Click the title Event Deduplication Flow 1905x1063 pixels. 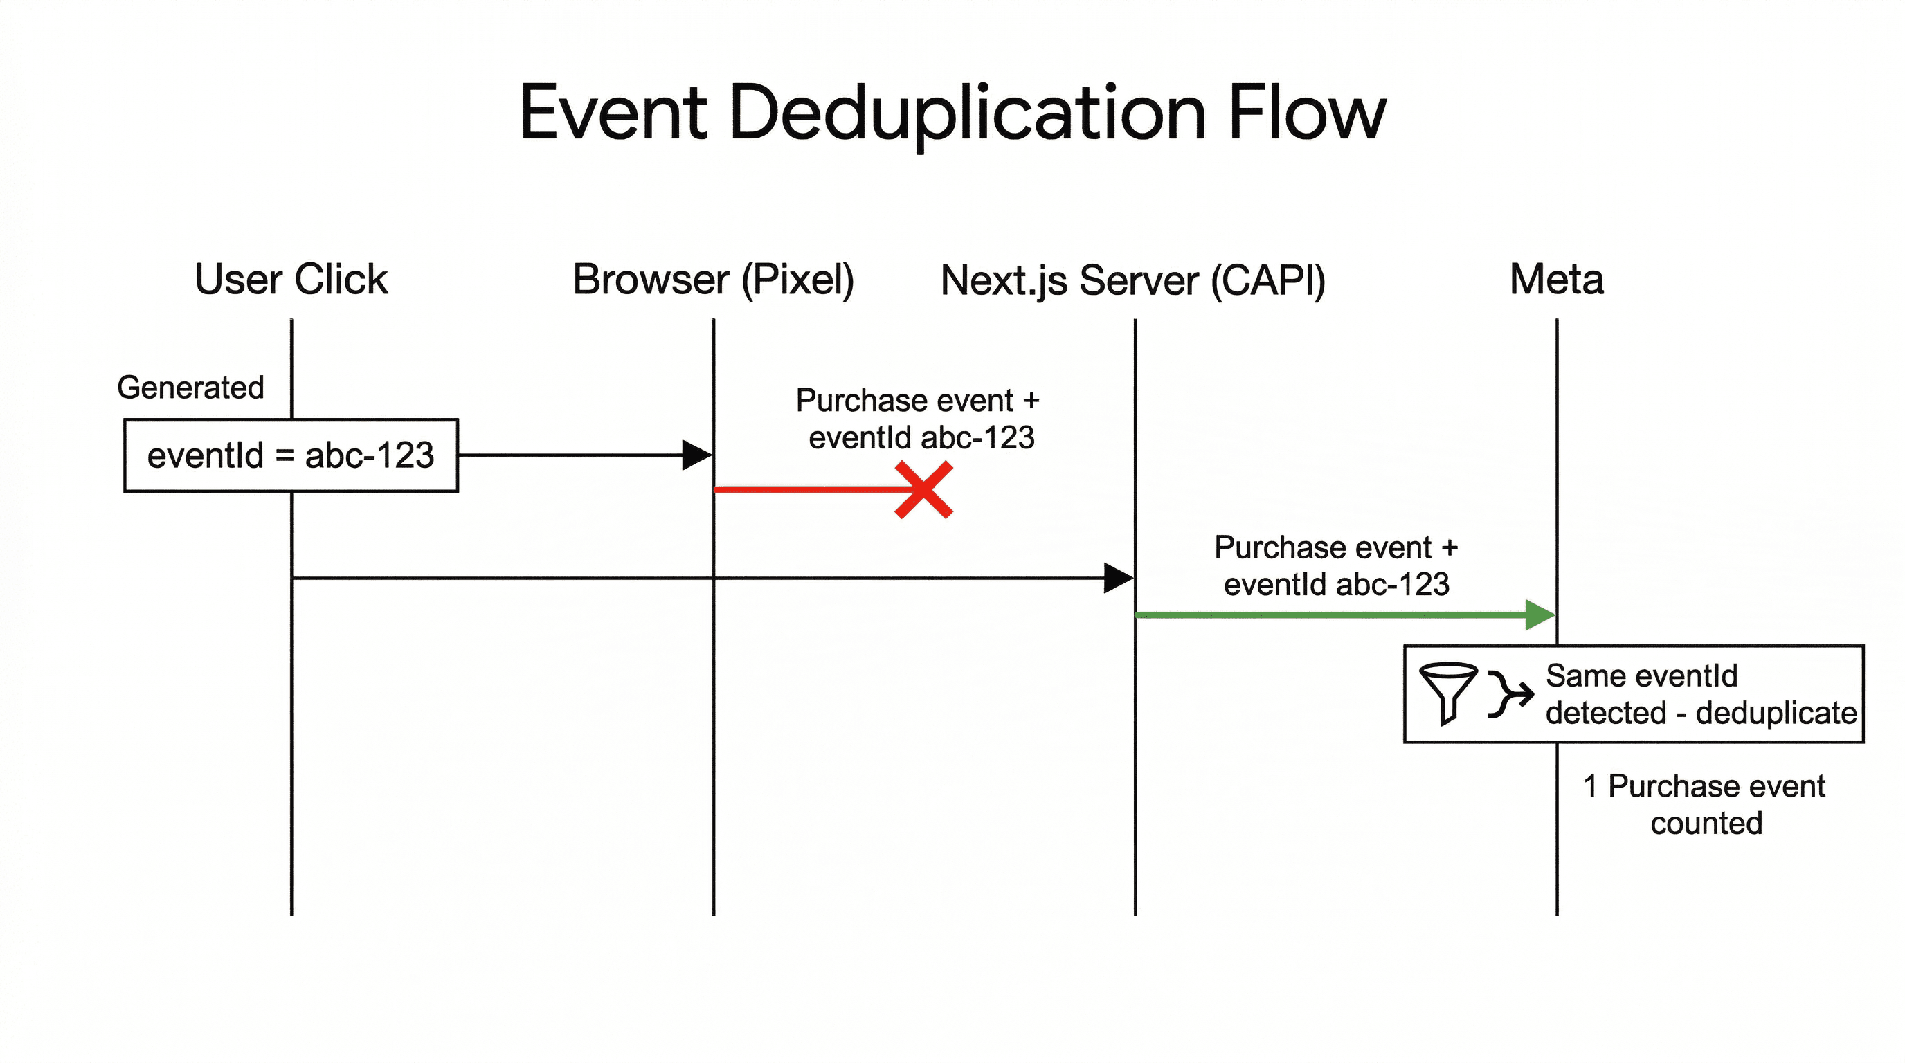tap(952, 113)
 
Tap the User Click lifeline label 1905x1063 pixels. tap(291, 280)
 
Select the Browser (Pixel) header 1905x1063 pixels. tap(713, 280)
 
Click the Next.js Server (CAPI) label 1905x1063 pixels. tap(1133, 281)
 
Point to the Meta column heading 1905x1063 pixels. tap(1556, 280)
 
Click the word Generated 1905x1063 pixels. tap(190, 388)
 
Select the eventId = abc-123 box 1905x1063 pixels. tap(291, 455)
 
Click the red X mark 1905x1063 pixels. tap(923, 490)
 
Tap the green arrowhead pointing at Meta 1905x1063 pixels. tap(1540, 615)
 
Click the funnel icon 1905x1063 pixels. tap(1448, 692)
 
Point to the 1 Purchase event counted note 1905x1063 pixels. tap(1704, 804)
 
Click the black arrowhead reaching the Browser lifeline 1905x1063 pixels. tap(696, 455)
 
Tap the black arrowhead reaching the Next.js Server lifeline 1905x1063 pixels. tap(1117, 578)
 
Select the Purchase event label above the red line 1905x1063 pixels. tap(918, 419)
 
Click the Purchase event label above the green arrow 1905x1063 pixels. tap(1335, 565)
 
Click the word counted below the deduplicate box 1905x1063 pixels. tap(1706, 823)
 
